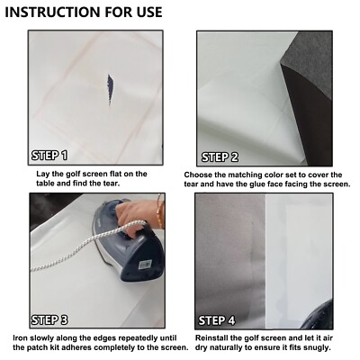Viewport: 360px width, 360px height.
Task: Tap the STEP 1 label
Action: click(49, 156)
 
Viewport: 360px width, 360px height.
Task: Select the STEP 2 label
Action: click(220, 157)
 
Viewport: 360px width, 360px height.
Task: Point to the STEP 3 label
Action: click(49, 320)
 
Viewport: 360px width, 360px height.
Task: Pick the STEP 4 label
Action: click(217, 320)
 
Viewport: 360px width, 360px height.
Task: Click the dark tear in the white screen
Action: click(110, 90)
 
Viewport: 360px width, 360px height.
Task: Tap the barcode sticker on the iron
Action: click(145, 265)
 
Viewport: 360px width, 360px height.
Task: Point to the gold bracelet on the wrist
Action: click(159, 211)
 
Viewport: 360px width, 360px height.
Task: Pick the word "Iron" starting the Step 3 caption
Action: click(21, 338)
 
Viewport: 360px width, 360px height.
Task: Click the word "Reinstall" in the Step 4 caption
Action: click(211, 338)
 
